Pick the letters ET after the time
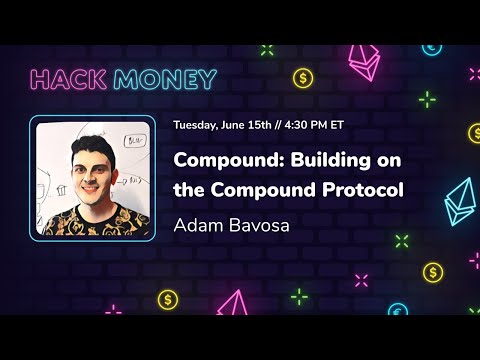[x=352, y=126]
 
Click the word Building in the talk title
[x=327, y=159]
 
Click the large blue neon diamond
[x=460, y=200]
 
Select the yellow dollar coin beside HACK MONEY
[x=302, y=77]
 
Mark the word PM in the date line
[x=334, y=126]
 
